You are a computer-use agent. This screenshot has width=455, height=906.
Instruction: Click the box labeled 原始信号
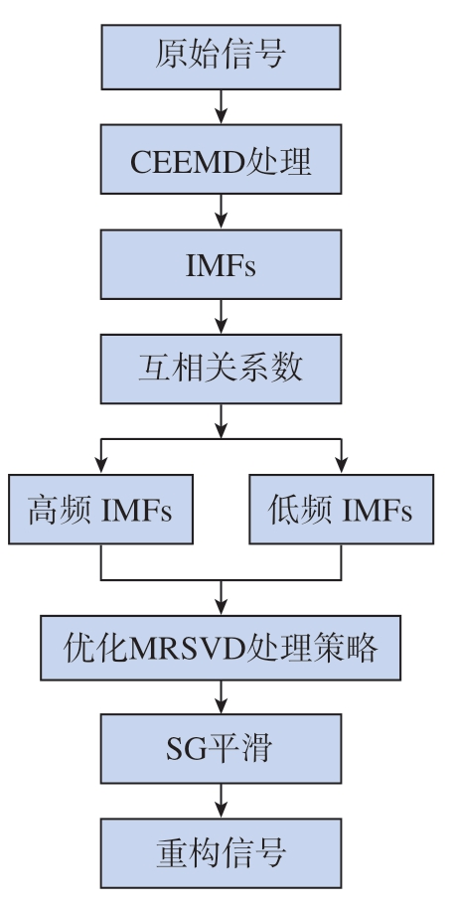click(x=221, y=58)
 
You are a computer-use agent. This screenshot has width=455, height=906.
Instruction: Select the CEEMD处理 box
click(x=221, y=159)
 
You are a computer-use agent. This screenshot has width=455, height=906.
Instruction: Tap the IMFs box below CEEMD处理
click(x=221, y=264)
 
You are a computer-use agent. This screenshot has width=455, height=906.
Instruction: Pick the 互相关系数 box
click(x=221, y=369)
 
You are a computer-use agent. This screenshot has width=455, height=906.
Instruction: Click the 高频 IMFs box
click(x=100, y=509)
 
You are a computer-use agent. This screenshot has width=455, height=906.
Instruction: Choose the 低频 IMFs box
click(x=341, y=509)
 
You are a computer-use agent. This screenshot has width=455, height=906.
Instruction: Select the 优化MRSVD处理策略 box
click(x=221, y=648)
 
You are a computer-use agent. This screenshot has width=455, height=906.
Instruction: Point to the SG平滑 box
click(x=221, y=749)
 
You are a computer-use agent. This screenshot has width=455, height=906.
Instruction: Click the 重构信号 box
click(x=221, y=852)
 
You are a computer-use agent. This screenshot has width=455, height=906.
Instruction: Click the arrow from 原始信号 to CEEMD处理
click(x=221, y=107)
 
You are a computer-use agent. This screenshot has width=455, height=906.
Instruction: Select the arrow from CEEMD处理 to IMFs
click(x=221, y=212)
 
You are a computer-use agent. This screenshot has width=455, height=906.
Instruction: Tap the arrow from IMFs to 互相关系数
click(x=221, y=317)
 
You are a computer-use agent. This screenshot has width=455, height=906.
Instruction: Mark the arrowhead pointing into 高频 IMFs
click(x=101, y=465)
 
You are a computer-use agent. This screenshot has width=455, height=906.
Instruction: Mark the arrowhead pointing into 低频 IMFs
click(x=341, y=465)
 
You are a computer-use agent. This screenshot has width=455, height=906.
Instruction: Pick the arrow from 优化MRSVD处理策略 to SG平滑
click(x=221, y=696)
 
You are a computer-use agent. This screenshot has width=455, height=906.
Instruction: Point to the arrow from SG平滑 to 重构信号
click(x=221, y=801)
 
